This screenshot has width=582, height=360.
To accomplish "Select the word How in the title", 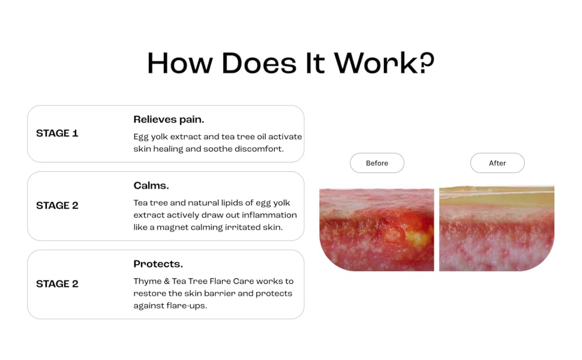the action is pyautogui.click(x=180, y=63).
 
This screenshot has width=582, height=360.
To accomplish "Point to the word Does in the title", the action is pyautogui.click(x=259, y=63).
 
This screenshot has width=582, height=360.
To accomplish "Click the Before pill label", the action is pyautogui.click(x=377, y=163).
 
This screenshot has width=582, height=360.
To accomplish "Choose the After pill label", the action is pyautogui.click(x=497, y=163).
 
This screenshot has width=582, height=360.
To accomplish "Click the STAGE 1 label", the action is pyautogui.click(x=57, y=133).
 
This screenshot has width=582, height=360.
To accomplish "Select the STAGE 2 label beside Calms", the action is pyautogui.click(x=57, y=206).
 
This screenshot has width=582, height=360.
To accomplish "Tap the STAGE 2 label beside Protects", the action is pyautogui.click(x=57, y=284).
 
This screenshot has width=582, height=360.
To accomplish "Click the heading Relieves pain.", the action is pyautogui.click(x=169, y=119).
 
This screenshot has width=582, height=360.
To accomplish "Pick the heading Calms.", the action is pyautogui.click(x=151, y=185).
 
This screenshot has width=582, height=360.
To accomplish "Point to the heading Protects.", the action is pyautogui.click(x=158, y=264).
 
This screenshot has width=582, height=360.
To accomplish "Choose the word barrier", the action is pyautogui.click(x=220, y=293).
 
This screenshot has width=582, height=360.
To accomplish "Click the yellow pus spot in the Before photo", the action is pyautogui.click(x=418, y=237).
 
